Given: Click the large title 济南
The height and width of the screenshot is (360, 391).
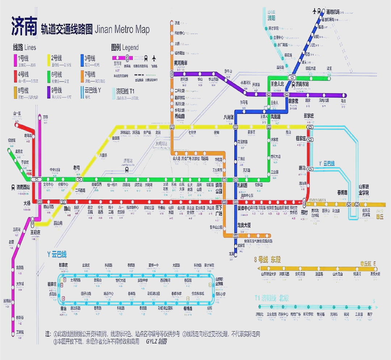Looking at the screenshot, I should click(24, 26).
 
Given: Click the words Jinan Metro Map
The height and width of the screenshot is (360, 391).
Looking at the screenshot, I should click(122, 29).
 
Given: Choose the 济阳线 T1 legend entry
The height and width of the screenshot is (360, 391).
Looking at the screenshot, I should click(125, 90).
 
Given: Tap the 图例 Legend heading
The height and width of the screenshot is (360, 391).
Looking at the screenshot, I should click(125, 47).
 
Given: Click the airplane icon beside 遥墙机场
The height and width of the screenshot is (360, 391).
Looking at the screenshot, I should click(314, 11).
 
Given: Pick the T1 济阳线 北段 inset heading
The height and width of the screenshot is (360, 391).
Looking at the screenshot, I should click(275, 298).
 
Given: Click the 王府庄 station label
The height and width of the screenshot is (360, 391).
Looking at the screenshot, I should click(35, 232).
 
